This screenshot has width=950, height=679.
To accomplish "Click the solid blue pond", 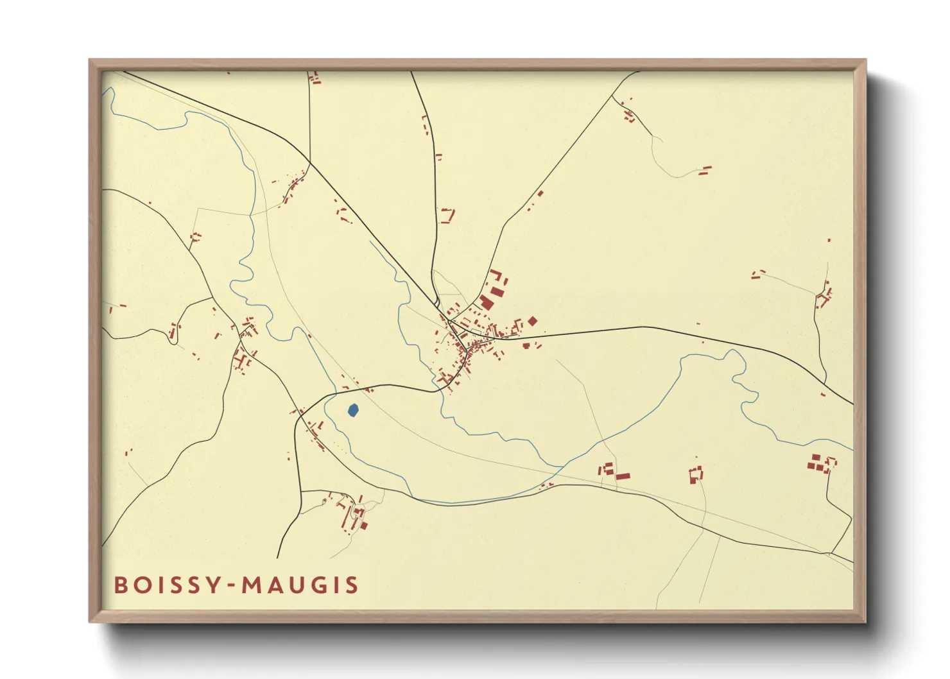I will (352, 410).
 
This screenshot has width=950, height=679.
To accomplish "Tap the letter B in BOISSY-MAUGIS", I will (121, 585).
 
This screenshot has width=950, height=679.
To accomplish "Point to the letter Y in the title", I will (214, 585).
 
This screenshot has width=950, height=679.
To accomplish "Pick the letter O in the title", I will (141, 585).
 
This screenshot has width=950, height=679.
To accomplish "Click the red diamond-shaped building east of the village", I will (532, 321).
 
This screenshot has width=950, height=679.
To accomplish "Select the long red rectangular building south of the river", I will (623, 476).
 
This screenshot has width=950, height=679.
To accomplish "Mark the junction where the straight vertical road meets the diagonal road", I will (309, 162).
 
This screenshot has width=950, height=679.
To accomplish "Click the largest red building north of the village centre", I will (486, 302).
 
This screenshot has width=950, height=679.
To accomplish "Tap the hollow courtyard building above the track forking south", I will (696, 474).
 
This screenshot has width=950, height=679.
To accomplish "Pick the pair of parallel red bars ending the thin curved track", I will (705, 171).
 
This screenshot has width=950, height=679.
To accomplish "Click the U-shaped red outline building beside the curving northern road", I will (447, 215).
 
